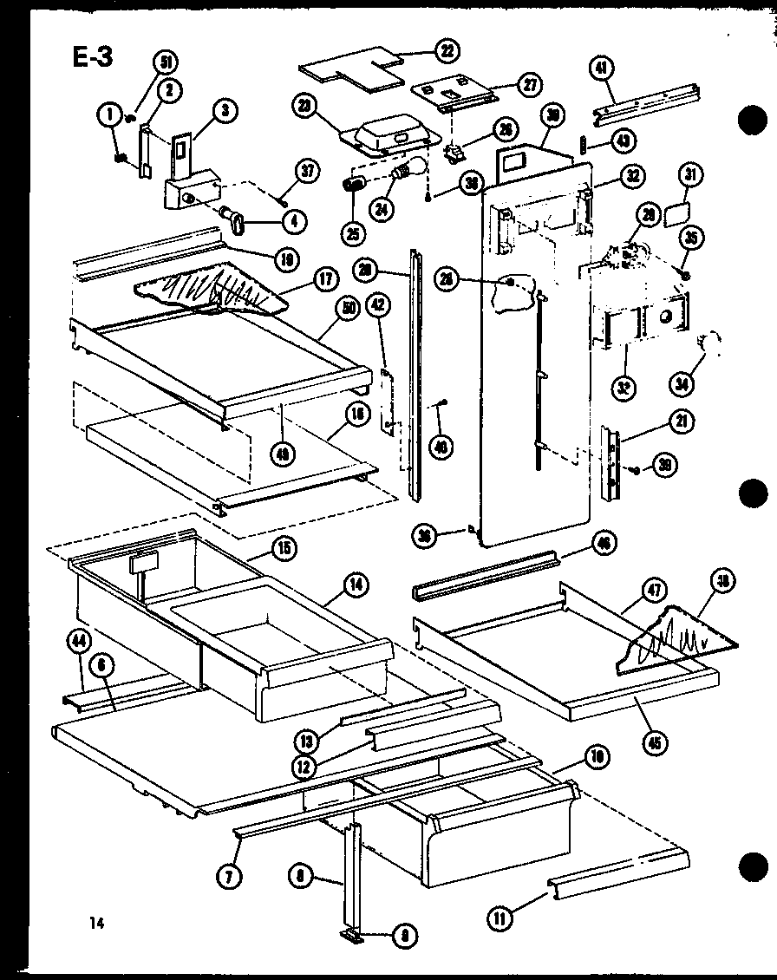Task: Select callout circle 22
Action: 447,51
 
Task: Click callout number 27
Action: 526,84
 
